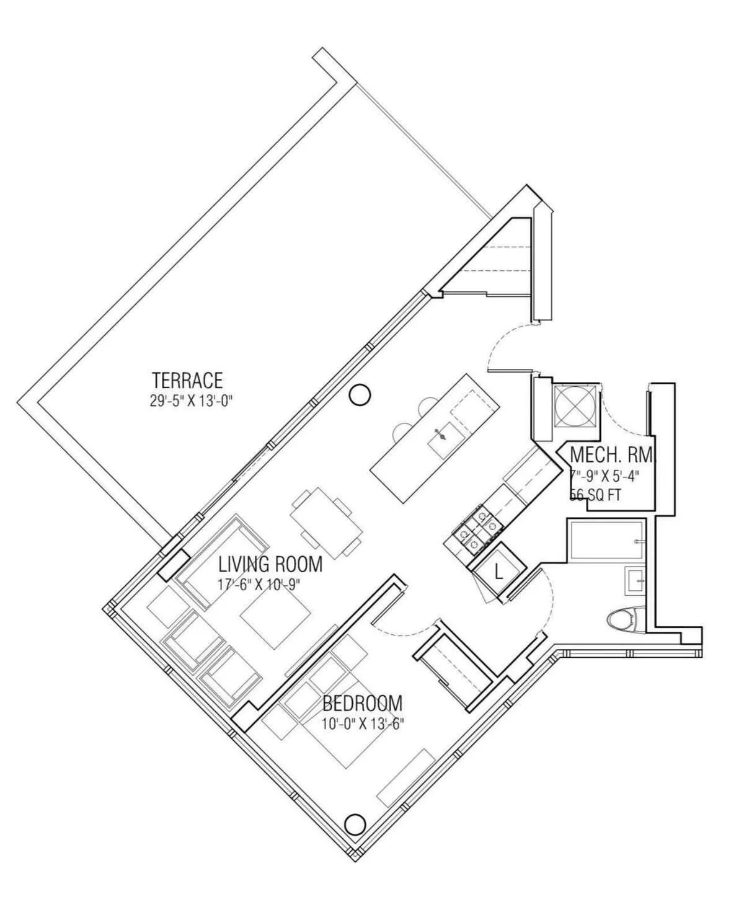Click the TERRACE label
point(187,379)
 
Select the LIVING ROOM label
point(270,564)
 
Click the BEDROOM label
point(362,704)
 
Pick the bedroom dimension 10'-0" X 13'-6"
point(363,723)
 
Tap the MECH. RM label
point(611,455)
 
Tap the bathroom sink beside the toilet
point(635,580)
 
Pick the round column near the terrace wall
point(360,394)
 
